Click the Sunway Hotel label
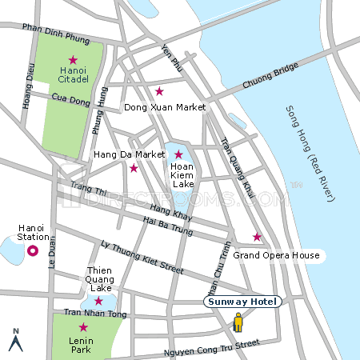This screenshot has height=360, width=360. point(242,302)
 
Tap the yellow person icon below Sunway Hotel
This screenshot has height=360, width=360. point(238,322)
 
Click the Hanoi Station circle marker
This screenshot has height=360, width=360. point(33,251)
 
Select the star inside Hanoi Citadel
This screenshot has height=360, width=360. point(73,60)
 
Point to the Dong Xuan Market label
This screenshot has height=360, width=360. point(166,106)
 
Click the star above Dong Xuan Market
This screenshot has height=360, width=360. point(159,91)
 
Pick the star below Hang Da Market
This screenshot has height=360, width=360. point(134,168)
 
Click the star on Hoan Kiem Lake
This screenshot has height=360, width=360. point(178,154)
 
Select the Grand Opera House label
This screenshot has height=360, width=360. point(276,256)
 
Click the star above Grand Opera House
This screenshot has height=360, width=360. point(257,237)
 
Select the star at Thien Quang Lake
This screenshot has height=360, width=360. point(98,301)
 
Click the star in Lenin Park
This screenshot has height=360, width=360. point(83,326)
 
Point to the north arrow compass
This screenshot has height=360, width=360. point(14,340)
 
